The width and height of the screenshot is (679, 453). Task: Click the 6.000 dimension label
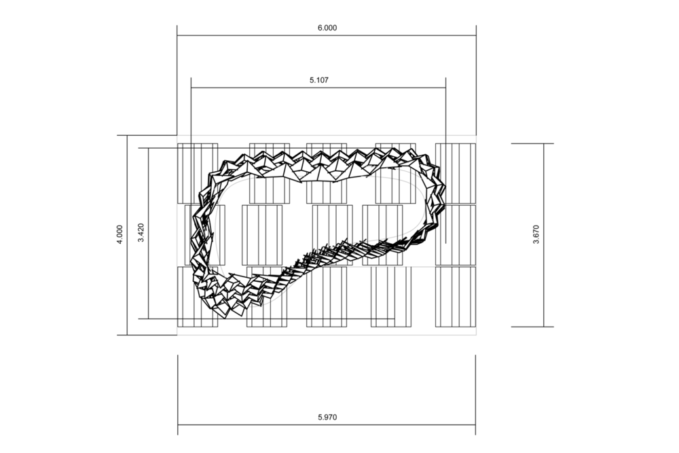coord(327,28)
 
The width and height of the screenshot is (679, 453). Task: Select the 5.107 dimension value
coord(318,80)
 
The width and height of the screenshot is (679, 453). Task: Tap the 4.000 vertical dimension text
coord(120,234)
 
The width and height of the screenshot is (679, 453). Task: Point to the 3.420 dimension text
coord(141,232)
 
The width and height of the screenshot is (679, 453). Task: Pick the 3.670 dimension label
coord(536,235)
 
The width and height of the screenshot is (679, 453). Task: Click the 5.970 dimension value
coord(327,418)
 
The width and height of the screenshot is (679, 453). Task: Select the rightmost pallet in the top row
coord(455,174)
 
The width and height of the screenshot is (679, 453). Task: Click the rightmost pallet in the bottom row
coord(455,297)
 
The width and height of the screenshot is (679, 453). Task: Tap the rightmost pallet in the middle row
coord(455,235)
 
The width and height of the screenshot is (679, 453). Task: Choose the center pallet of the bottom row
coord(327,297)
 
